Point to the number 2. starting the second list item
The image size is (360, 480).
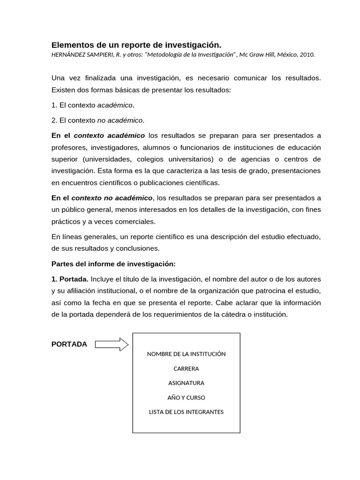tap(54, 120)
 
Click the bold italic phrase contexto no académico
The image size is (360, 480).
tap(112, 198)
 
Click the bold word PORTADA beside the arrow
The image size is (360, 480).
tap(69, 344)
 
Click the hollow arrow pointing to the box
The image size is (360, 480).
tap(112, 345)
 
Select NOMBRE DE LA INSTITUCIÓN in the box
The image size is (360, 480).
tap(186, 354)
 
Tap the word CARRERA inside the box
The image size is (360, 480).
tap(186, 368)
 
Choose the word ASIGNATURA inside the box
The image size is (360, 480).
tap(186, 383)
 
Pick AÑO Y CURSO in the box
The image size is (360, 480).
tap(186, 397)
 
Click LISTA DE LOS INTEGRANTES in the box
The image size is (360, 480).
tap(186, 412)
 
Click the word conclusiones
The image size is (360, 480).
tap(141, 248)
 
